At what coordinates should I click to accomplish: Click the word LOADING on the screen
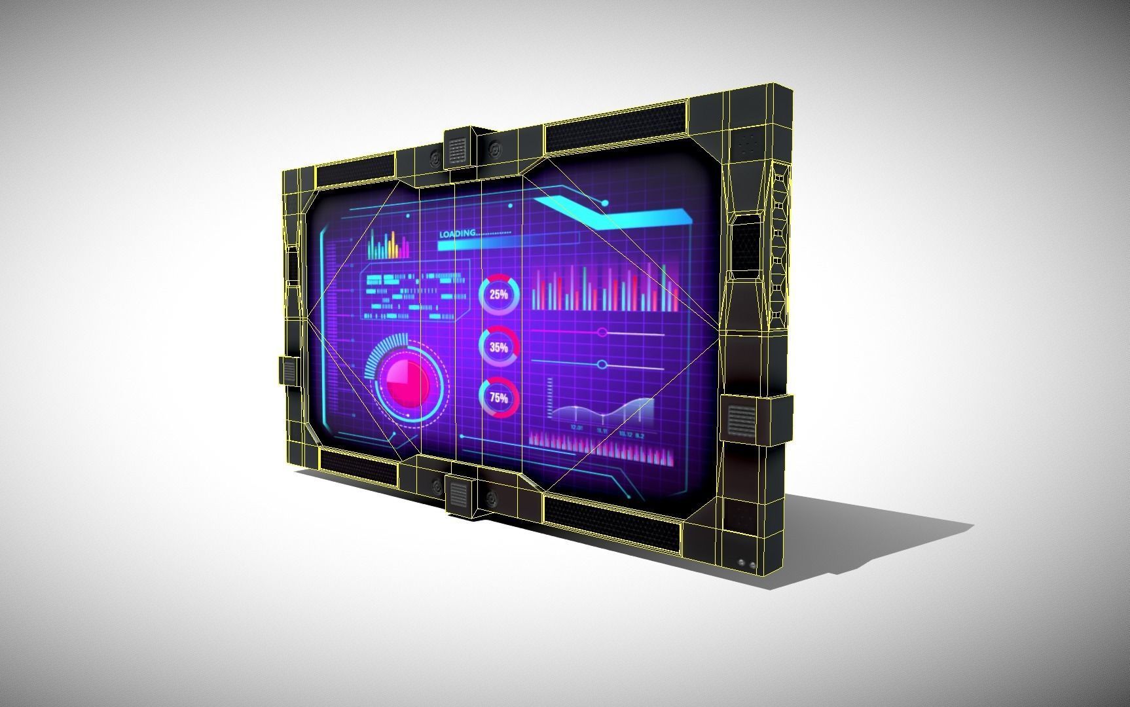coord(458,234)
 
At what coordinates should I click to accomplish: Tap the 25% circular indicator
coord(499,295)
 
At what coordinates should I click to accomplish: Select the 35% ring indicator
coord(499,347)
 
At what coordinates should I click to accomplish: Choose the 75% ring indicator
coord(499,397)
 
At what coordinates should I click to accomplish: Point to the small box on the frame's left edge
coord(289,371)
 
